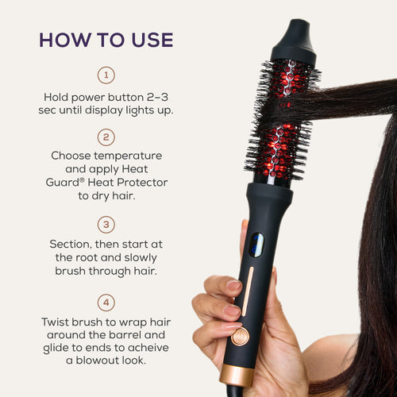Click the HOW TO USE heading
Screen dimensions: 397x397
[106, 40]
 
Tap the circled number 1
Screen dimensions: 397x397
[106, 75]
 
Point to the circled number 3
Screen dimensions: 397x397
[106, 224]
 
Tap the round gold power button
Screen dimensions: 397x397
[241, 336]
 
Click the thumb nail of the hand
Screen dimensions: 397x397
[233, 284]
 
